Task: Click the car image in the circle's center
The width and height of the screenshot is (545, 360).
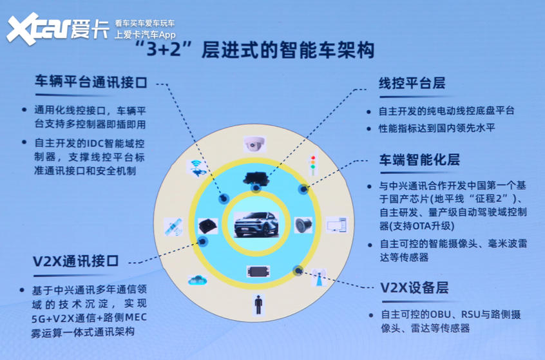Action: tap(256, 225)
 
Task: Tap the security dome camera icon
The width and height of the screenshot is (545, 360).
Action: tap(254, 144)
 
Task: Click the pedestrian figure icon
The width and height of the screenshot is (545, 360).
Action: tap(258, 305)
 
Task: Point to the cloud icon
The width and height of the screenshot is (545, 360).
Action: tap(197, 279)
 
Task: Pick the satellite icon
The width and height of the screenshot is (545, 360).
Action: tap(173, 226)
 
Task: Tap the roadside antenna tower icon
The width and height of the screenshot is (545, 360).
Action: tap(318, 278)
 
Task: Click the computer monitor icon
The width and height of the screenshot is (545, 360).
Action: tap(336, 225)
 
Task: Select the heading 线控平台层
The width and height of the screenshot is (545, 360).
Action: tap(412, 83)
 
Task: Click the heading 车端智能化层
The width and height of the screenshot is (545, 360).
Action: tap(419, 160)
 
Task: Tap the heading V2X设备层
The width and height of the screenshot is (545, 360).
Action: tap(414, 288)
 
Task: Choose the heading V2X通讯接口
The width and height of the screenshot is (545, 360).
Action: tap(76, 261)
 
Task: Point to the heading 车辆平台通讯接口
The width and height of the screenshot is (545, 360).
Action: tap(91, 82)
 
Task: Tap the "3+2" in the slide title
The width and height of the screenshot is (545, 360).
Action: tap(164, 49)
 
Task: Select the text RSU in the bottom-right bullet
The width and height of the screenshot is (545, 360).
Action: tap(470, 314)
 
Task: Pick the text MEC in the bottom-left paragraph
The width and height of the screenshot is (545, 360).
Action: tap(135, 317)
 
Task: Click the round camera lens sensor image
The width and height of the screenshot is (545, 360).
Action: tap(303, 225)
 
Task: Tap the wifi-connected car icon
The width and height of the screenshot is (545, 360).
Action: tap(197, 167)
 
